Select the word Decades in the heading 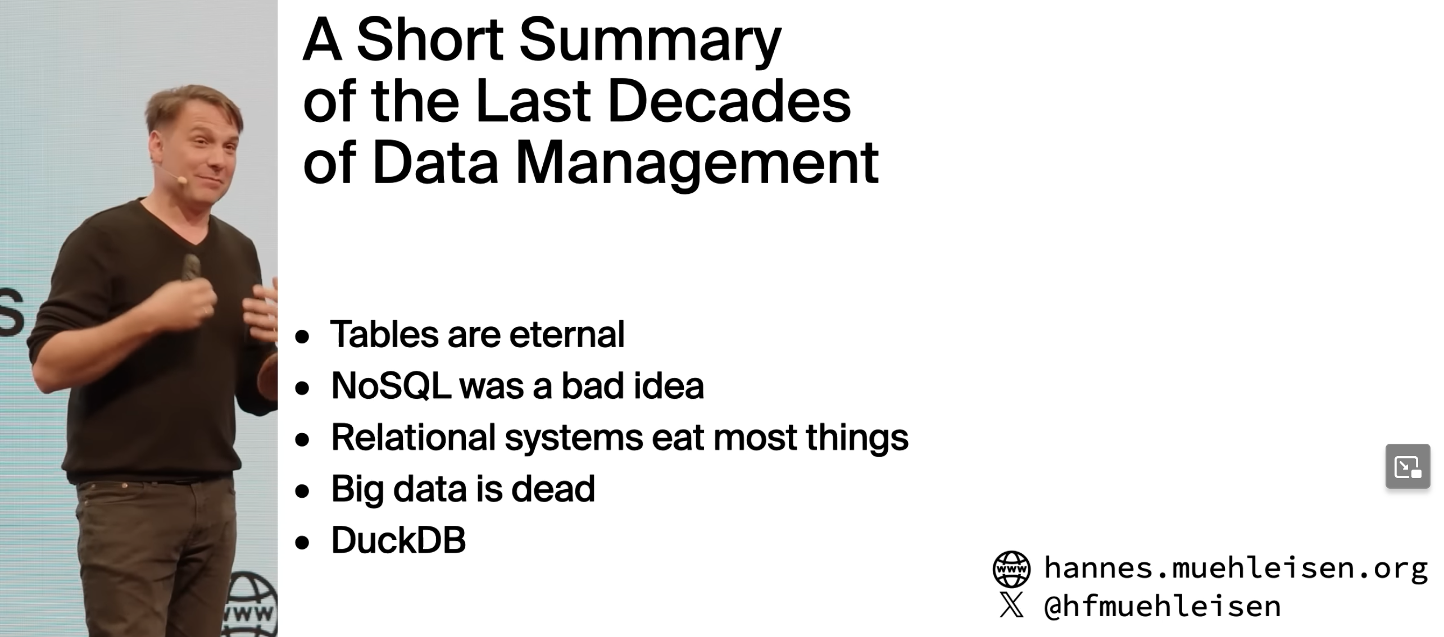729,101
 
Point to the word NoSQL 391,386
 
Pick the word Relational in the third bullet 414,437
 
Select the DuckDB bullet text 398,540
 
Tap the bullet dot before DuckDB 302,543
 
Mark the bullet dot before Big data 302,491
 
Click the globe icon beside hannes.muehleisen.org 1011,569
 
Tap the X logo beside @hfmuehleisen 1011,605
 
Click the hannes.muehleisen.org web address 1236,568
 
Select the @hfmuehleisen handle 1162,606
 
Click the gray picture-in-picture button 1407,466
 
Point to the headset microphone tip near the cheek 181,180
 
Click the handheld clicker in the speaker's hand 190,267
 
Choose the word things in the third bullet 857,438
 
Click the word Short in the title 430,40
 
